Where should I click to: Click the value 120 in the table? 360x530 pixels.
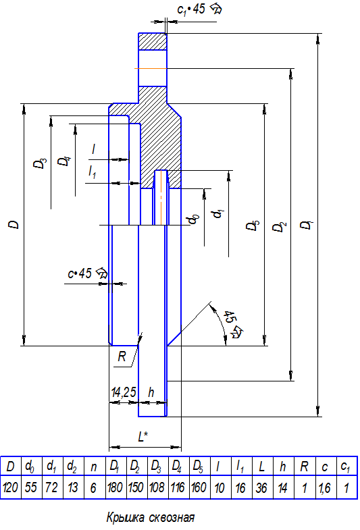[11, 487]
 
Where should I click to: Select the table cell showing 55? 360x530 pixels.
[31, 487]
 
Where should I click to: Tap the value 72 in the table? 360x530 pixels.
[52, 487]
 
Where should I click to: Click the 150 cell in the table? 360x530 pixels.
[136, 487]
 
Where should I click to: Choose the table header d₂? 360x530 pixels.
[72, 467]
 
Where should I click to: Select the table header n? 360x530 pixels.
[94, 467]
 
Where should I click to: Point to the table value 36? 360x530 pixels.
[261, 487]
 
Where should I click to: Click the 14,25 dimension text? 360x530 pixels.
[124, 392]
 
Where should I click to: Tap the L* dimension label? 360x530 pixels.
[143, 437]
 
